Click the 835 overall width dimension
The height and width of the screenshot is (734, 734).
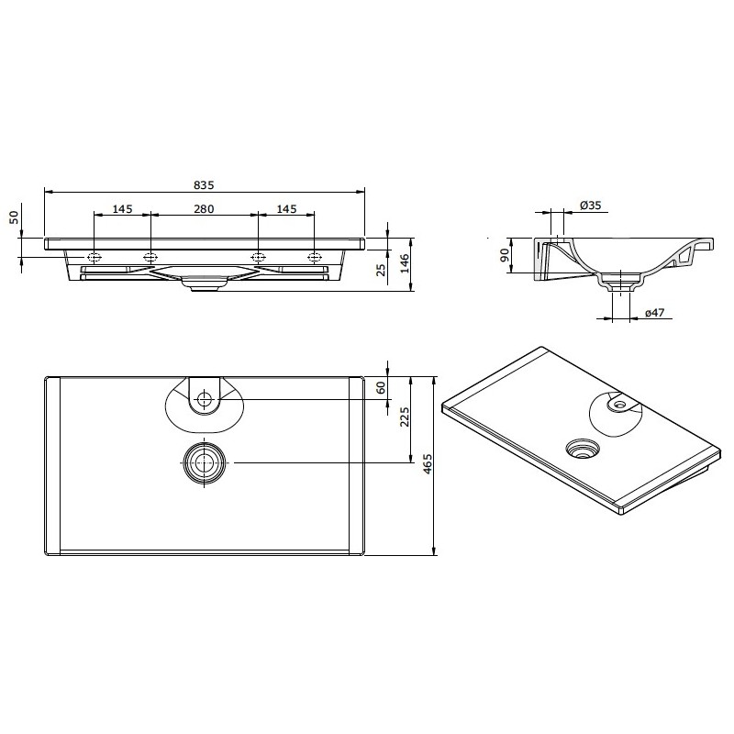204,185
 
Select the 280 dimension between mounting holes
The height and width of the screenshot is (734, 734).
204,209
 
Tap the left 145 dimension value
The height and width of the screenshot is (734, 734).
122,209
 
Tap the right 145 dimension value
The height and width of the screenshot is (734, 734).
286,209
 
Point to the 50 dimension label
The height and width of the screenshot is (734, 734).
15,217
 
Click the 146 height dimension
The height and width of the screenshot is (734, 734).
405,263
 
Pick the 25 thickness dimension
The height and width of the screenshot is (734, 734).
382,270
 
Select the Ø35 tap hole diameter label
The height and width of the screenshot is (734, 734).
590,205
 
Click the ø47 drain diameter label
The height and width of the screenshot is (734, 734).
654,313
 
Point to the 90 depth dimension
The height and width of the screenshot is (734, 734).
504,255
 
